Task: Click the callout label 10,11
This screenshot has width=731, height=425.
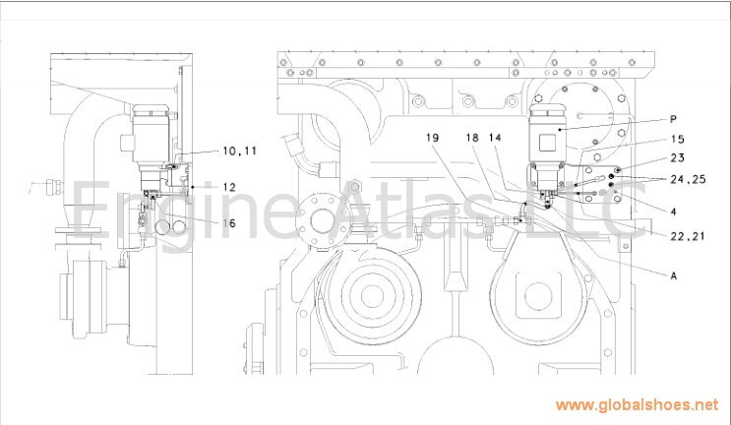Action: click(240, 151)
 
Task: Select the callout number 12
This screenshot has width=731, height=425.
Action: click(229, 187)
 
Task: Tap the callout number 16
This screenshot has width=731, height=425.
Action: click(229, 223)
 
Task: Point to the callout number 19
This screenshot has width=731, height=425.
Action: click(432, 138)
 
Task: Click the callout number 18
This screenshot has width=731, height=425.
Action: click(472, 138)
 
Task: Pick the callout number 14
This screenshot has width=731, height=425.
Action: click(495, 138)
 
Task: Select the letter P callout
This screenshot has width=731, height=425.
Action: click(673, 119)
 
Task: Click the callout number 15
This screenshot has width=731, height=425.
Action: click(678, 139)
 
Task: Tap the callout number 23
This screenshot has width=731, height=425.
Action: click(678, 158)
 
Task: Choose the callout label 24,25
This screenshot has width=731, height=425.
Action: click(688, 179)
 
